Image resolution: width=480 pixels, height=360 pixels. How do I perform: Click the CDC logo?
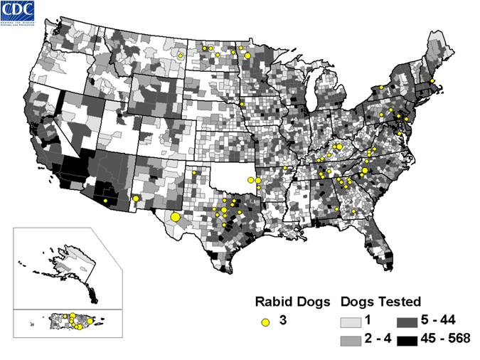coord(24,13)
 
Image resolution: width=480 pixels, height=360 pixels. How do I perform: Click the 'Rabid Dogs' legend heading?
coord(292,301)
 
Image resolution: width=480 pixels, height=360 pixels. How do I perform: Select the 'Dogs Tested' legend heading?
coord(382,301)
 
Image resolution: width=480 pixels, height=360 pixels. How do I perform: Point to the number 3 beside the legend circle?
coord(283,322)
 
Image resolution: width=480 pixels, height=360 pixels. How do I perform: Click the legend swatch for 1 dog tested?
coord(351,322)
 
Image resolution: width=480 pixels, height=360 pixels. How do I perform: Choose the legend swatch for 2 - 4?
coord(351,338)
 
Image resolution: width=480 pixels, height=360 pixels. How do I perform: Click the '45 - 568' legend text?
coord(446,338)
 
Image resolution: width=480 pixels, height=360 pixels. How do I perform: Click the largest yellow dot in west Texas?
coord(176,217)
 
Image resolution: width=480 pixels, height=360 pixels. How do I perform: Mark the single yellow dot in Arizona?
coord(105,201)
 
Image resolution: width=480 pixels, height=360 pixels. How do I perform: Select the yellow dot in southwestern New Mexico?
coord(135,198)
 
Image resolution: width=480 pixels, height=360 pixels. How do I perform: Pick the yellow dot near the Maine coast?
coord(432,81)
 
